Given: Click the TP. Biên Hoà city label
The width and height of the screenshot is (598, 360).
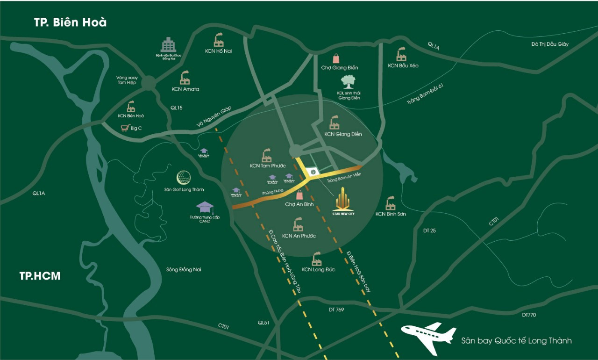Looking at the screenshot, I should click(x=71, y=22).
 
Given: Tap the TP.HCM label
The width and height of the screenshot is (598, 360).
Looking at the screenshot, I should click(x=40, y=276).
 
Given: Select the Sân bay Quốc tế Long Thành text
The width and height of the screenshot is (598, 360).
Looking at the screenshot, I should click(x=516, y=340).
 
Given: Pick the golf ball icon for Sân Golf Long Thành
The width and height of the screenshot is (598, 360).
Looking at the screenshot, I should click(x=184, y=178).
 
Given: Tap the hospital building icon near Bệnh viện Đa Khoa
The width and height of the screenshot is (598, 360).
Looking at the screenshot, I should click(x=168, y=44).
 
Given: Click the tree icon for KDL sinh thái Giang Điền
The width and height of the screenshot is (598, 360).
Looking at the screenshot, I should click(x=348, y=82).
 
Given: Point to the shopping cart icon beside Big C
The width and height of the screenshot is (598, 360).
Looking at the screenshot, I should click(x=125, y=127).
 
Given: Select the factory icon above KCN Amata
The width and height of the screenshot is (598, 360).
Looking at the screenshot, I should click(x=185, y=78).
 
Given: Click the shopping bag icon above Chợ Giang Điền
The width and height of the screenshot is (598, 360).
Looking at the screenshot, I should click(x=336, y=58).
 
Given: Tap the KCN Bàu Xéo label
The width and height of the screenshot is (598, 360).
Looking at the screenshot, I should click(x=403, y=66).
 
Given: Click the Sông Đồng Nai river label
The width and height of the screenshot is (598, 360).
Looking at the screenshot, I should click(x=184, y=269).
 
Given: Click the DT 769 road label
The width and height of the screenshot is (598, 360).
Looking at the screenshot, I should click(x=336, y=310).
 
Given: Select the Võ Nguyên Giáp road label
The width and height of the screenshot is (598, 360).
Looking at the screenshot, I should click(x=214, y=116).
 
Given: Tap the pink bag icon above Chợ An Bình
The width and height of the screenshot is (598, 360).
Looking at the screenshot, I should click(x=299, y=195).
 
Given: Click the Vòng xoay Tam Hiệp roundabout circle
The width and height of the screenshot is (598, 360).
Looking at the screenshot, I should click(x=148, y=83).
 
